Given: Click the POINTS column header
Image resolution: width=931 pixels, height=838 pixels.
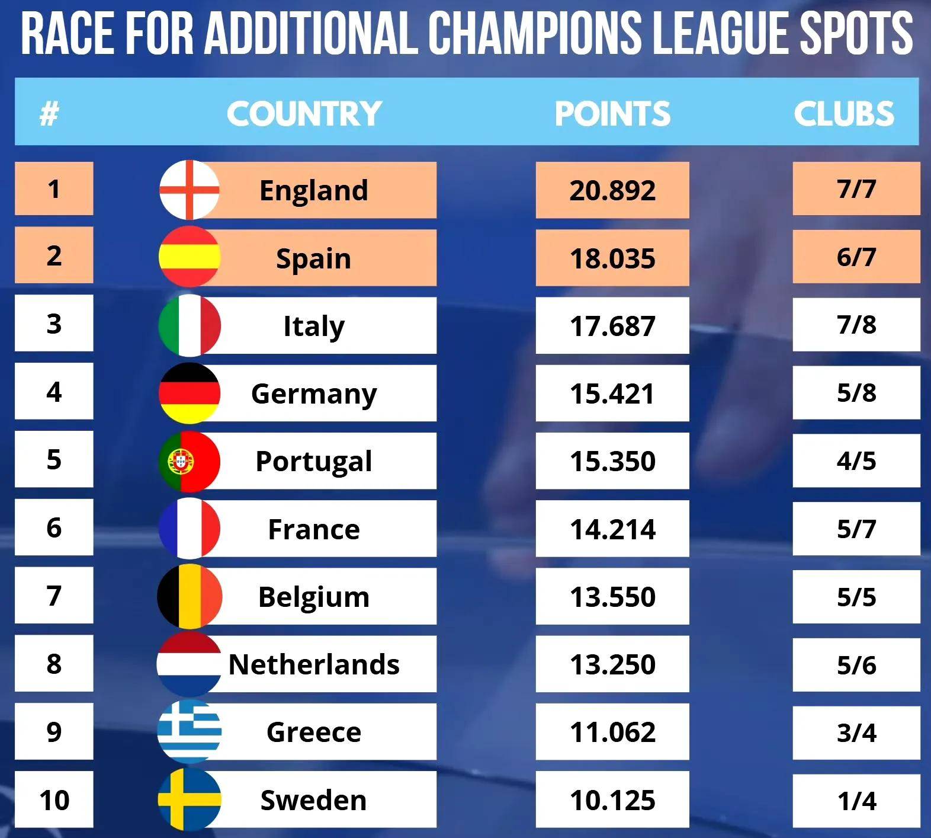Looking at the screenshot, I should pyautogui.click(x=612, y=113).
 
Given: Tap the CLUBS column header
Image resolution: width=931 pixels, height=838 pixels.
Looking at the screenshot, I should pyautogui.click(x=844, y=113).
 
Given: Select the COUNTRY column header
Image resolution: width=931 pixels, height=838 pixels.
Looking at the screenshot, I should pyautogui.click(x=304, y=113).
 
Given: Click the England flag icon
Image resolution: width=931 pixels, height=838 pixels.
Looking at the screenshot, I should pyautogui.click(x=190, y=190).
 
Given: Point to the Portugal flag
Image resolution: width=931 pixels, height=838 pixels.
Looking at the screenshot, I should pyautogui.click(x=190, y=462).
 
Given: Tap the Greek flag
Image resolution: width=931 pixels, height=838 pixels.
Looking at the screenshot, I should pyautogui.click(x=190, y=732).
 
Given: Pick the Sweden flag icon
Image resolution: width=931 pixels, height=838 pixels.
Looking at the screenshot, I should pyautogui.click(x=190, y=799).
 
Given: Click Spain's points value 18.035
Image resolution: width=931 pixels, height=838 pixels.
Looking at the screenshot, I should pyautogui.click(x=612, y=258).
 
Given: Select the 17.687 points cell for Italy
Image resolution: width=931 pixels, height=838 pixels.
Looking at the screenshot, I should pyautogui.click(x=612, y=326).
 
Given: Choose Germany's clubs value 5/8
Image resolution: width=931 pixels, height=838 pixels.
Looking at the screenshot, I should pyautogui.click(x=856, y=392).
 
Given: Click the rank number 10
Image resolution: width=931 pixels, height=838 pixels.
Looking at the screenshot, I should pyautogui.click(x=54, y=800).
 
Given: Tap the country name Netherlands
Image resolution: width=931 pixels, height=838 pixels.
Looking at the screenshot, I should pyautogui.click(x=314, y=664).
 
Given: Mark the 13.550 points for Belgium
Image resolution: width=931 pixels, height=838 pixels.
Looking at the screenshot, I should pyautogui.click(x=612, y=597).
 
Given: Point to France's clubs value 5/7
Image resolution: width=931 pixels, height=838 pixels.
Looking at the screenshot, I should pyautogui.click(x=856, y=529).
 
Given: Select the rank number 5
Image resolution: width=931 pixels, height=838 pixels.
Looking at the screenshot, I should pyautogui.click(x=54, y=460).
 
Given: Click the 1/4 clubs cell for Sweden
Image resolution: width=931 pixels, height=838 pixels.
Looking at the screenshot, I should pyautogui.click(x=856, y=801).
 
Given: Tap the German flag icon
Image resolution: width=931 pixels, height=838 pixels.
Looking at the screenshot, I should pyautogui.click(x=190, y=394).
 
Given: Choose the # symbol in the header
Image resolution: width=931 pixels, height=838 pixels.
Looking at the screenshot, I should pyautogui.click(x=49, y=113).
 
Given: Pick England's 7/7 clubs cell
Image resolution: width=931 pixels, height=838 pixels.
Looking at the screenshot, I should pyautogui.click(x=856, y=189).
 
